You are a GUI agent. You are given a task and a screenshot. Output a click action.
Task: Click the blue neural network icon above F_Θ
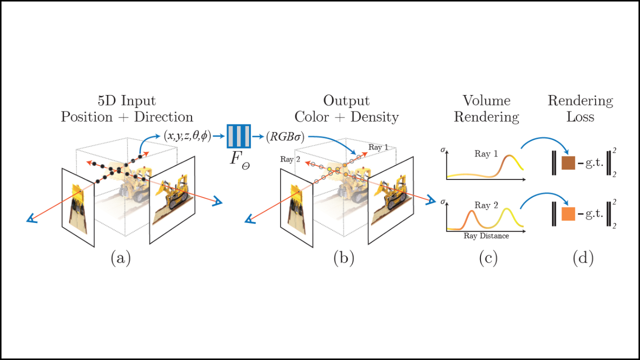(238, 135)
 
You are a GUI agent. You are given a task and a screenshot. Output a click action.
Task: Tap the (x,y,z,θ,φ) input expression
(187, 135)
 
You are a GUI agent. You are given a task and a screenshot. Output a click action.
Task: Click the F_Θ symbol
(238, 160)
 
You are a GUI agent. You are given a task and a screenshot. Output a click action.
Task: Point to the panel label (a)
(120, 258)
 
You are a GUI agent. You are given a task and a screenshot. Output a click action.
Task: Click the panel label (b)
(344, 258)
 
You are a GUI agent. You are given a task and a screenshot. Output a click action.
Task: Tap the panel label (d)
(583, 258)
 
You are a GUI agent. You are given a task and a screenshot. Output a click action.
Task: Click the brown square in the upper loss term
(568, 163)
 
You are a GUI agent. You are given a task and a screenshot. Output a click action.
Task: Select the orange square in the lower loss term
(568, 213)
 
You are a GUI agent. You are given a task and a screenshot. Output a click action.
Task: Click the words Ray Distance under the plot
(486, 236)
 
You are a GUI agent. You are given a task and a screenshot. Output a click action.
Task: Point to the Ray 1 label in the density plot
(485, 154)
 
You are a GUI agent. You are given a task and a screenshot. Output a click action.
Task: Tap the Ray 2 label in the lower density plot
(485, 205)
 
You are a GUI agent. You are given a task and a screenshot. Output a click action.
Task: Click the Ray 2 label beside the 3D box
(290, 159)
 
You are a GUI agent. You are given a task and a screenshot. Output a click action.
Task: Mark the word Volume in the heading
(486, 100)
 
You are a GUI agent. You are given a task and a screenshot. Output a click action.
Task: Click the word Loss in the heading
(580, 117)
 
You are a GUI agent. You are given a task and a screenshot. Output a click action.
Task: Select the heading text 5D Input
(127, 100)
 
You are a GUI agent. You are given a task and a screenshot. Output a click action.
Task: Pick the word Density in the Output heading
(375, 117)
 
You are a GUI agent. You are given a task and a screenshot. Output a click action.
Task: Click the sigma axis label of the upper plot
(443, 149)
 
